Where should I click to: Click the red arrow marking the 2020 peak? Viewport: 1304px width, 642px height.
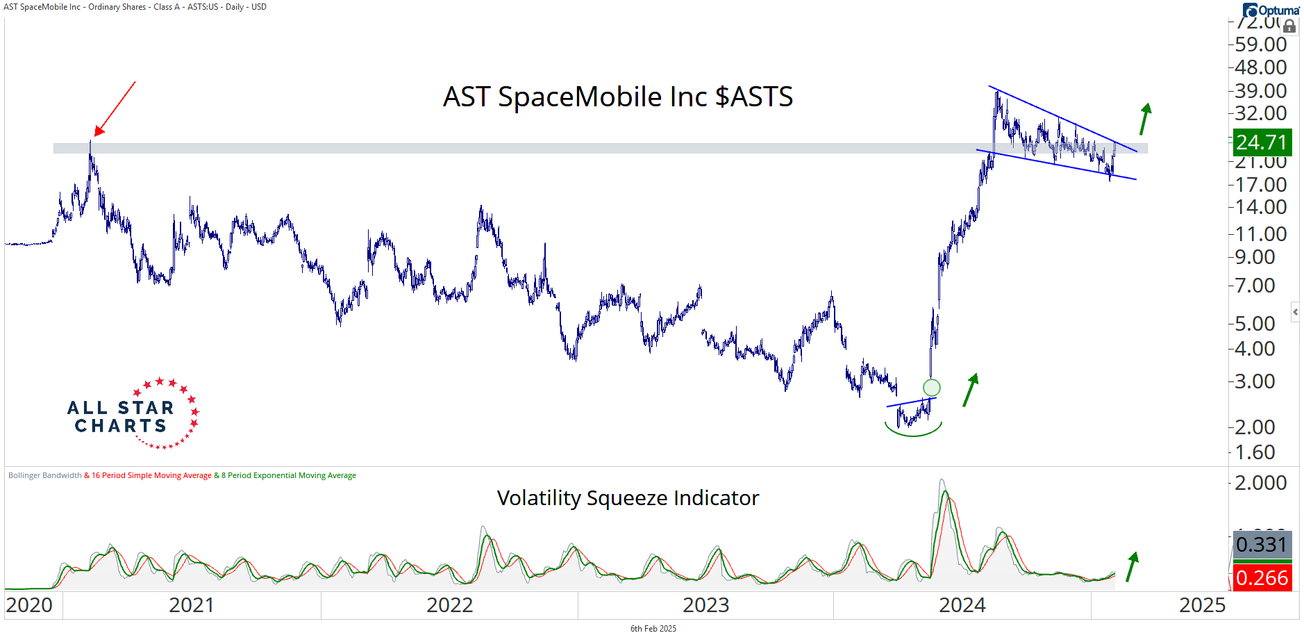point(115,108)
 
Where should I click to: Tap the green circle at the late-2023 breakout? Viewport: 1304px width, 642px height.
point(931,388)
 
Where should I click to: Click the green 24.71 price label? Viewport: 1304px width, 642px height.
point(1262,142)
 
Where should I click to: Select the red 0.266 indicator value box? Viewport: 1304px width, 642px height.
point(1262,578)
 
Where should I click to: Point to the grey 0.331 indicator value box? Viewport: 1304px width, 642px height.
point(1262,545)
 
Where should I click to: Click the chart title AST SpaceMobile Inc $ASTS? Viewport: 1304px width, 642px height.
point(617,97)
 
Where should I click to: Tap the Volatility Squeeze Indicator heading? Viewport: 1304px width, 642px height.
point(628,498)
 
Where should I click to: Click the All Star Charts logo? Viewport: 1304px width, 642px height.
point(133,414)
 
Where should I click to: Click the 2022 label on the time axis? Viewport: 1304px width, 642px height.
point(449,605)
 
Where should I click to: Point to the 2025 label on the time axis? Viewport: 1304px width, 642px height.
point(1202,605)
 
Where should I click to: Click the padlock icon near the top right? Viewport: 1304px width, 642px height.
point(1289,26)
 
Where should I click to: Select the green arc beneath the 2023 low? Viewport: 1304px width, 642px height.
point(913,431)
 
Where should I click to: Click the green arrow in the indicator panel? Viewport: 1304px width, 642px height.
point(1132,566)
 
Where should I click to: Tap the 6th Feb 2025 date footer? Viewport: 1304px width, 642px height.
point(653,629)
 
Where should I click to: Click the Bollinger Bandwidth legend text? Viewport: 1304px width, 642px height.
point(45,476)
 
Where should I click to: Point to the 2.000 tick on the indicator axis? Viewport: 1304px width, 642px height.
point(1260,483)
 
